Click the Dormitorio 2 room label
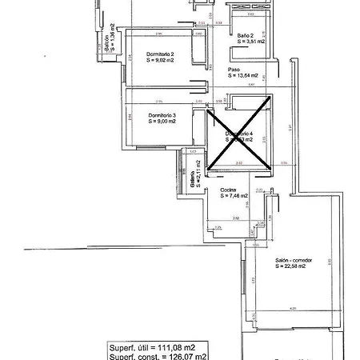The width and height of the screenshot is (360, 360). pyautogui.click(x=161, y=54)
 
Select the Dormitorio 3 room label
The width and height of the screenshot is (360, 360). pyautogui.click(x=162, y=115)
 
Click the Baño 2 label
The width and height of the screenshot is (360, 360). pyautogui.click(x=246, y=36)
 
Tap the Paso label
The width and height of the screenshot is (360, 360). pyautogui.click(x=234, y=70)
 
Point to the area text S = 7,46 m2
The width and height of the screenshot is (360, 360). pyautogui.click(x=234, y=196)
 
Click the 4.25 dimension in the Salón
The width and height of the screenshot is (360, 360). pyautogui.click(x=293, y=306)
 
